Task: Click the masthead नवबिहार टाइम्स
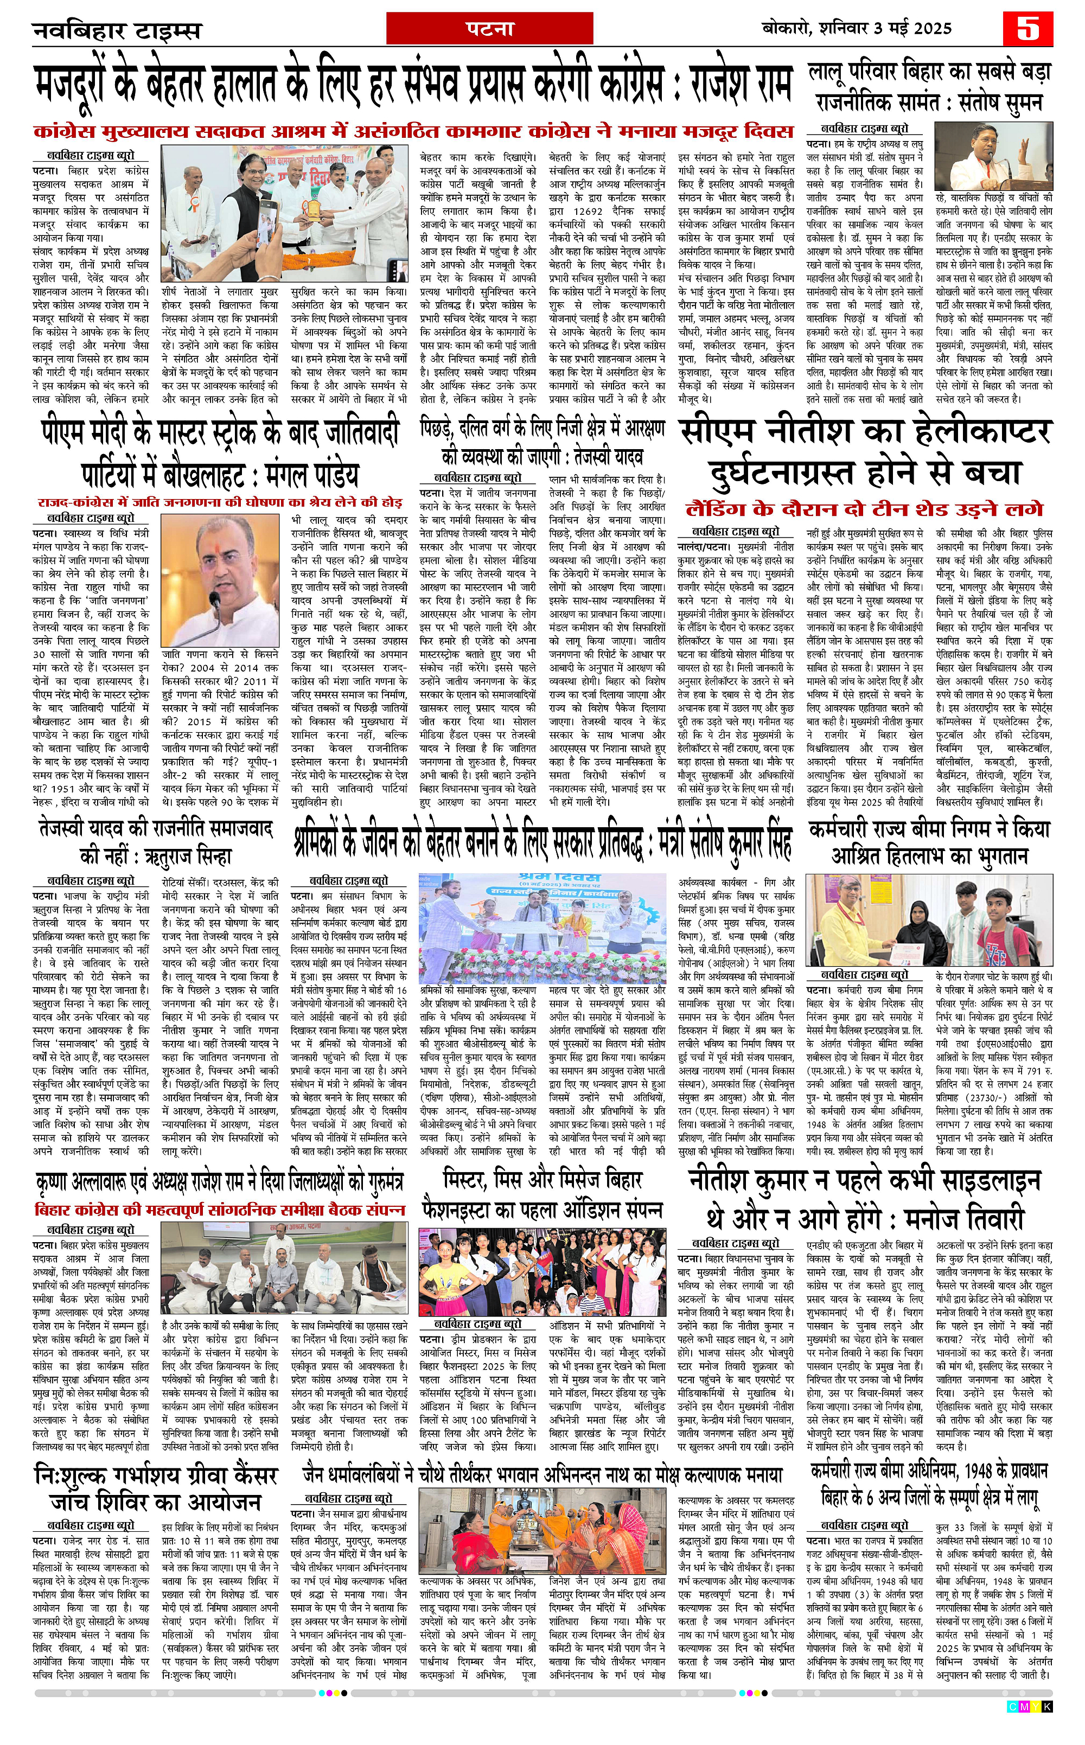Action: [116, 31]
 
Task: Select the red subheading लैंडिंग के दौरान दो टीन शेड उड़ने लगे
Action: [864, 509]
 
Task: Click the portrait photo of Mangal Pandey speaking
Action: [220, 581]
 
